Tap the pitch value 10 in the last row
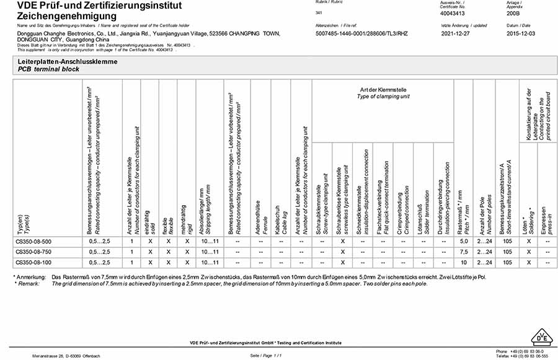(464, 262)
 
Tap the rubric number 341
(319, 12)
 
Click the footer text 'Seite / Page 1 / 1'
(266, 355)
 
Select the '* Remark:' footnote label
(28, 283)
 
